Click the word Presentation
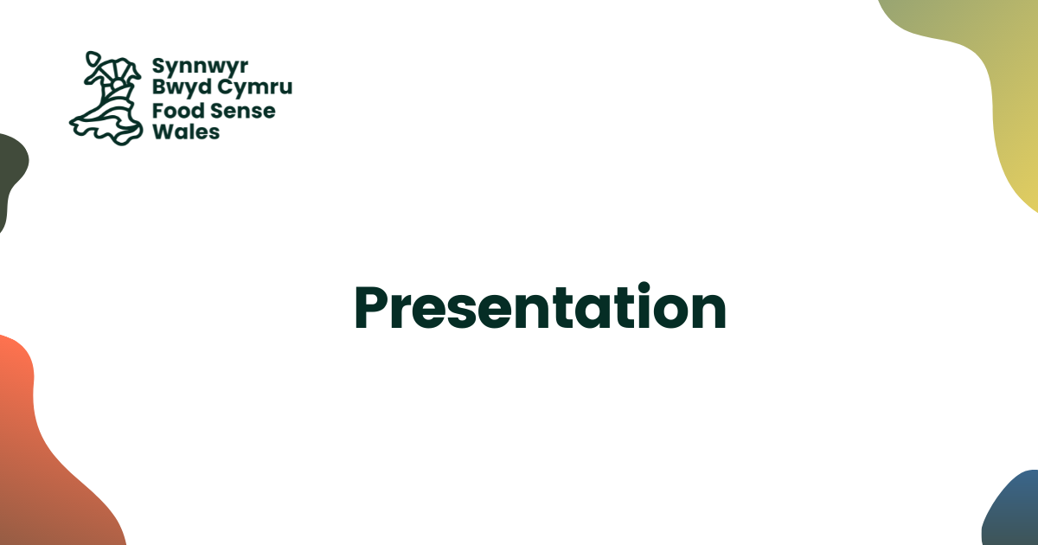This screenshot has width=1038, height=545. (541, 308)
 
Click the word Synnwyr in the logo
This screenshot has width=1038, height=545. (200, 67)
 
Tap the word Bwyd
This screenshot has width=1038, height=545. (183, 87)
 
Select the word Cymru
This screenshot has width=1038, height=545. (255, 87)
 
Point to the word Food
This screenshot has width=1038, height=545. (178, 111)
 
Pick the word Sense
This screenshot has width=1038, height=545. (242, 112)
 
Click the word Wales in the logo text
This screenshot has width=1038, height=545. (186, 131)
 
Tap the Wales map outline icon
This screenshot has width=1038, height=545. (106, 99)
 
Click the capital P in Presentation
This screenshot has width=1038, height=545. (372, 308)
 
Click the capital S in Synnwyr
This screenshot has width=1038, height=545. (159, 66)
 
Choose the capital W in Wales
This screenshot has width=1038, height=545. (164, 131)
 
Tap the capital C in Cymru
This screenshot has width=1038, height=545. (226, 87)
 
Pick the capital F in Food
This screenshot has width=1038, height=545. (158, 112)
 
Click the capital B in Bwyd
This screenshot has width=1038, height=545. (160, 87)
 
